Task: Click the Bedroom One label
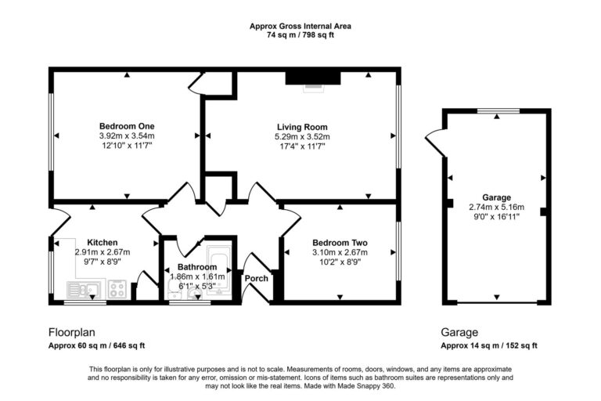[x=126, y=126]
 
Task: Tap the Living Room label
[x=301, y=127]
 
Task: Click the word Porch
[x=257, y=278]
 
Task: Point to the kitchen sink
[x=85, y=290]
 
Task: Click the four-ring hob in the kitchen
[x=118, y=290]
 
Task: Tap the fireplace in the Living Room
[x=313, y=77]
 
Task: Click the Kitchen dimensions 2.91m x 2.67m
[x=103, y=252]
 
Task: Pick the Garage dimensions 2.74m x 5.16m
[x=496, y=207]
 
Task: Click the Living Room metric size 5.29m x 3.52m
[x=301, y=136]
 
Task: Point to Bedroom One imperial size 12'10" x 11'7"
[x=126, y=146]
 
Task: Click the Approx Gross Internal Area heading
[x=300, y=26]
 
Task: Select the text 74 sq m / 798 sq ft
[x=300, y=35]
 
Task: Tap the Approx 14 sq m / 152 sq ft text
[x=489, y=345]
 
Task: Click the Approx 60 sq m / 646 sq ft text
[x=97, y=345]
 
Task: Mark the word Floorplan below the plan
[x=72, y=332]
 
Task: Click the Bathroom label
[x=196, y=267]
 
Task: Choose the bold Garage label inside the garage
[x=496, y=197]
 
